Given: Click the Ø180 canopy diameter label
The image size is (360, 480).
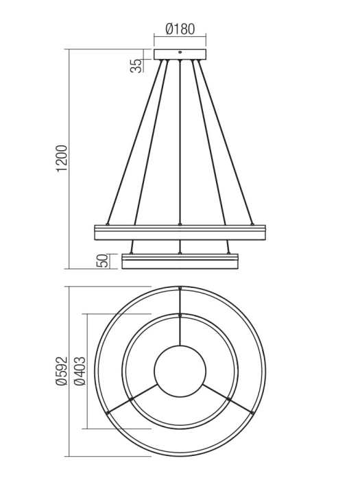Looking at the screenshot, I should [x=180, y=29].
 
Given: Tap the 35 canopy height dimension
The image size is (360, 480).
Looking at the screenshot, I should [x=137, y=65].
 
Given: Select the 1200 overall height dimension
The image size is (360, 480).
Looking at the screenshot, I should [x=62, y=158].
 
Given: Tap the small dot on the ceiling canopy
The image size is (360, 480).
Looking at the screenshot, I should [x=180, y=51].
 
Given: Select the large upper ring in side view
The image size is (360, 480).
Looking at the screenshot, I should [x=180, y=232].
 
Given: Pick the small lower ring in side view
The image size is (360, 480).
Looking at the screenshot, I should [x=180, y=261].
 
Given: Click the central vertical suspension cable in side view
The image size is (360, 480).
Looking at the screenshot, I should [x=180, y=144].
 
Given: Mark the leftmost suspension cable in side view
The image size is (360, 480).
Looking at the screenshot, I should [x=134, y=144].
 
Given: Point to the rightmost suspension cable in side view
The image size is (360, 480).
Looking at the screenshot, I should [x=226, y=144].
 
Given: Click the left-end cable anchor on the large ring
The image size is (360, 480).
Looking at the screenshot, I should [x=107, y=224].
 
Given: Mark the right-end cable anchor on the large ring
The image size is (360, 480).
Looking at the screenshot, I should [x=252, y=224].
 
